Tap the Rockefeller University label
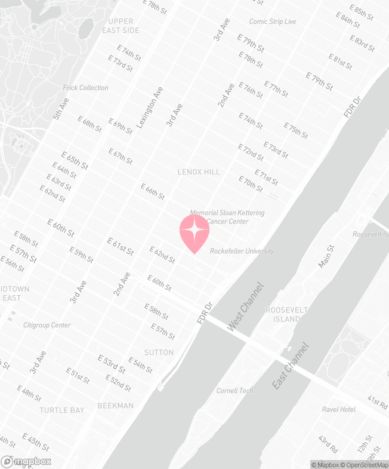[x=242, y=252]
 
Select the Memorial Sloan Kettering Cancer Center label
[x=227, y=217]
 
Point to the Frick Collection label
[x=86, y=88]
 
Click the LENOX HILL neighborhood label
[x=199, y=172]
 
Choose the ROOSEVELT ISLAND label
[x=283, y=315]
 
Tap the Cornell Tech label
[x=234, y=391]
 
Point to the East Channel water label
[x=291, y=366]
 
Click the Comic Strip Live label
[x=273, y=22]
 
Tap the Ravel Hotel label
[x=339, y=410]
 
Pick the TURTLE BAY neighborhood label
[x=62, y=410]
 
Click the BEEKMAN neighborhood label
[x=116, y=406]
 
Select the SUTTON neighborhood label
[x=159, y=352]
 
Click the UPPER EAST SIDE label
[x=121, y=26]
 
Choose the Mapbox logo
[x=26, y=461]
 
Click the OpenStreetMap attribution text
[x=365, y=464]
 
